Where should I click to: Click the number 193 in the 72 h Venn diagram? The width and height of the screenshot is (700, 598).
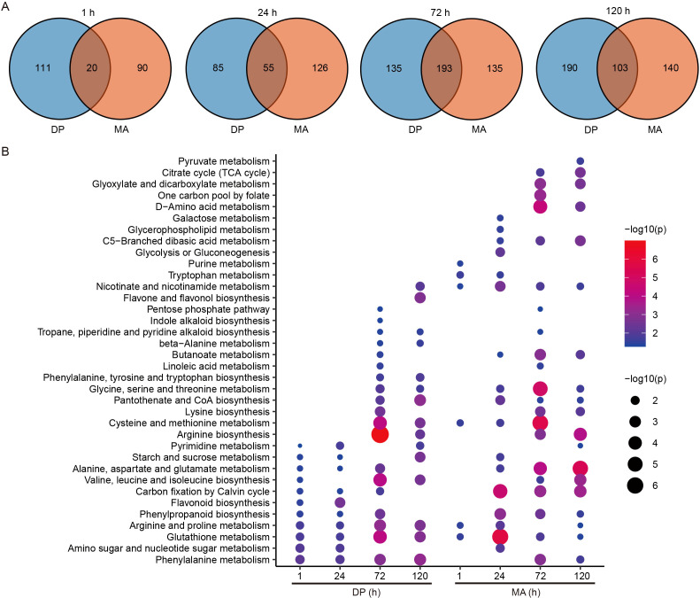tap(444, 68)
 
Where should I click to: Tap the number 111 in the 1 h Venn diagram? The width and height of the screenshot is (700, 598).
tap(42, 68)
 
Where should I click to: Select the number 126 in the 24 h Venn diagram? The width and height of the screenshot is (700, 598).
tap(319, 68)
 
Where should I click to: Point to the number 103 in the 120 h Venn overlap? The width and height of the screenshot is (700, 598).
tap(619, 68)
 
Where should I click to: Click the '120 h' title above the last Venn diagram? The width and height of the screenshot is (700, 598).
tap(618, 11)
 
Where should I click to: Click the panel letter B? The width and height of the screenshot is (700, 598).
tap(5, 151)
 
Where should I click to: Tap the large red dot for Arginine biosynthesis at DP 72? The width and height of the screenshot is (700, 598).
tap(380, 434)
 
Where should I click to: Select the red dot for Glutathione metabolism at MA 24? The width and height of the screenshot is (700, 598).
tap(500, 536)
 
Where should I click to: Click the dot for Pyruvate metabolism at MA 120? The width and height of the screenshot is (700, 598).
tap(581, 161)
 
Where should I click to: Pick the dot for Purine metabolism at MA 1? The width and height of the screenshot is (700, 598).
tap(460, 264)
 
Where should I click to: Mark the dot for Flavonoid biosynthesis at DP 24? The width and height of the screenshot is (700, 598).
tap(340, 502)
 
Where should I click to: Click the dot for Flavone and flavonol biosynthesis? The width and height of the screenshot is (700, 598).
tap(420, 298)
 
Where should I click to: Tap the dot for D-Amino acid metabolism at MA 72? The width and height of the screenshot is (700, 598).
tap(540, 206)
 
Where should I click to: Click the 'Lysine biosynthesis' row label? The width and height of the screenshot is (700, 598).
tap(227, 412)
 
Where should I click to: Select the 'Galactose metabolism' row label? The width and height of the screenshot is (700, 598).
tap(221, 218)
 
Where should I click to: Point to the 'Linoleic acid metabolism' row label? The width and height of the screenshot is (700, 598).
tap(216, 366)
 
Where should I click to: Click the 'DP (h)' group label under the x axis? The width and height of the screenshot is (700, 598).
tap(366, 592)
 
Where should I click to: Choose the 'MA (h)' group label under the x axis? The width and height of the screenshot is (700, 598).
tap(526, 592)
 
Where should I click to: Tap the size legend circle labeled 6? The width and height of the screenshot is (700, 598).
tap(635, 485)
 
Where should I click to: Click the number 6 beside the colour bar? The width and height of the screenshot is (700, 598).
tap(655, 260)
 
